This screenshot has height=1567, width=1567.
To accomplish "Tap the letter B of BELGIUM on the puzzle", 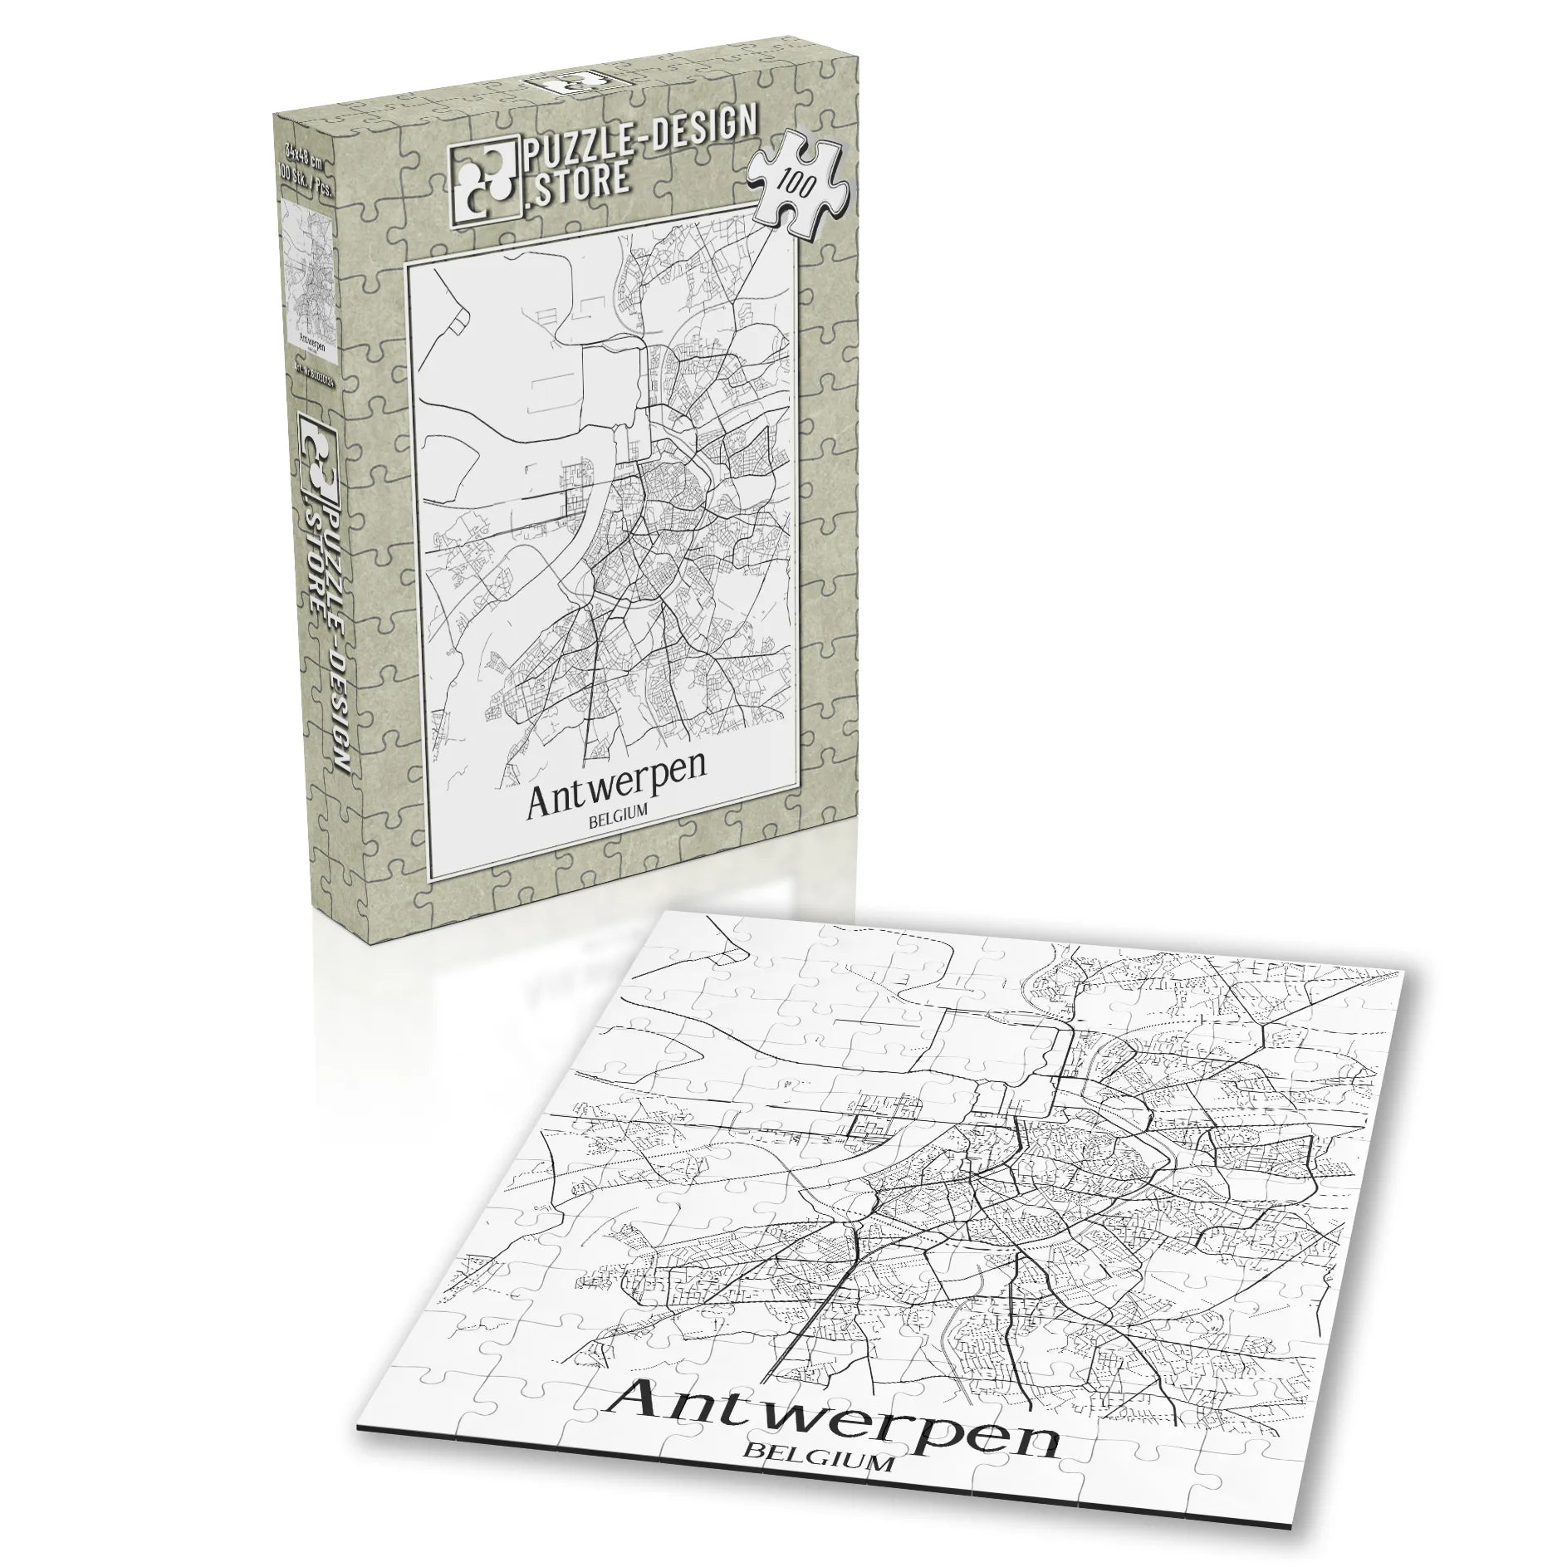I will point(752,1472).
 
